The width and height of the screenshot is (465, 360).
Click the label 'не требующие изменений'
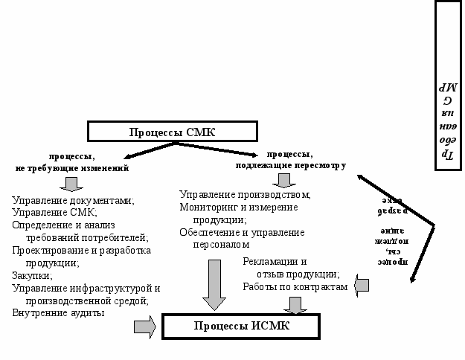(x=72, y=169)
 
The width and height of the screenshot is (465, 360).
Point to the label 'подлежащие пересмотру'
(x=291, y=166)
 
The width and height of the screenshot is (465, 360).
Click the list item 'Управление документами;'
(x=73, y=201)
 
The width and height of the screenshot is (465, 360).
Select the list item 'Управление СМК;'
(x=54, y=213)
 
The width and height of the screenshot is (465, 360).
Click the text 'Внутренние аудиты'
(x=58, y=313)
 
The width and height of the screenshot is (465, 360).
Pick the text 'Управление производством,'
(x=245, y=195)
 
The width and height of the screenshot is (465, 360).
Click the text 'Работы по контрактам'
(x=295, y=286)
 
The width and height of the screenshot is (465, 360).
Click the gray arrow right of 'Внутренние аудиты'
(x=144, y=326)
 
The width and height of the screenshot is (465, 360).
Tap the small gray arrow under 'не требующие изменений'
(x=72, y=183)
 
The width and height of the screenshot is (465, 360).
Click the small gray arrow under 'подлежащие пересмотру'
(x=283, y=180)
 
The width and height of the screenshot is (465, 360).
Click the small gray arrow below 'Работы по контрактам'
(x=295, y=305)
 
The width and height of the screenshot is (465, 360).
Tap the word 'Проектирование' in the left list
(x=48, y=251)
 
